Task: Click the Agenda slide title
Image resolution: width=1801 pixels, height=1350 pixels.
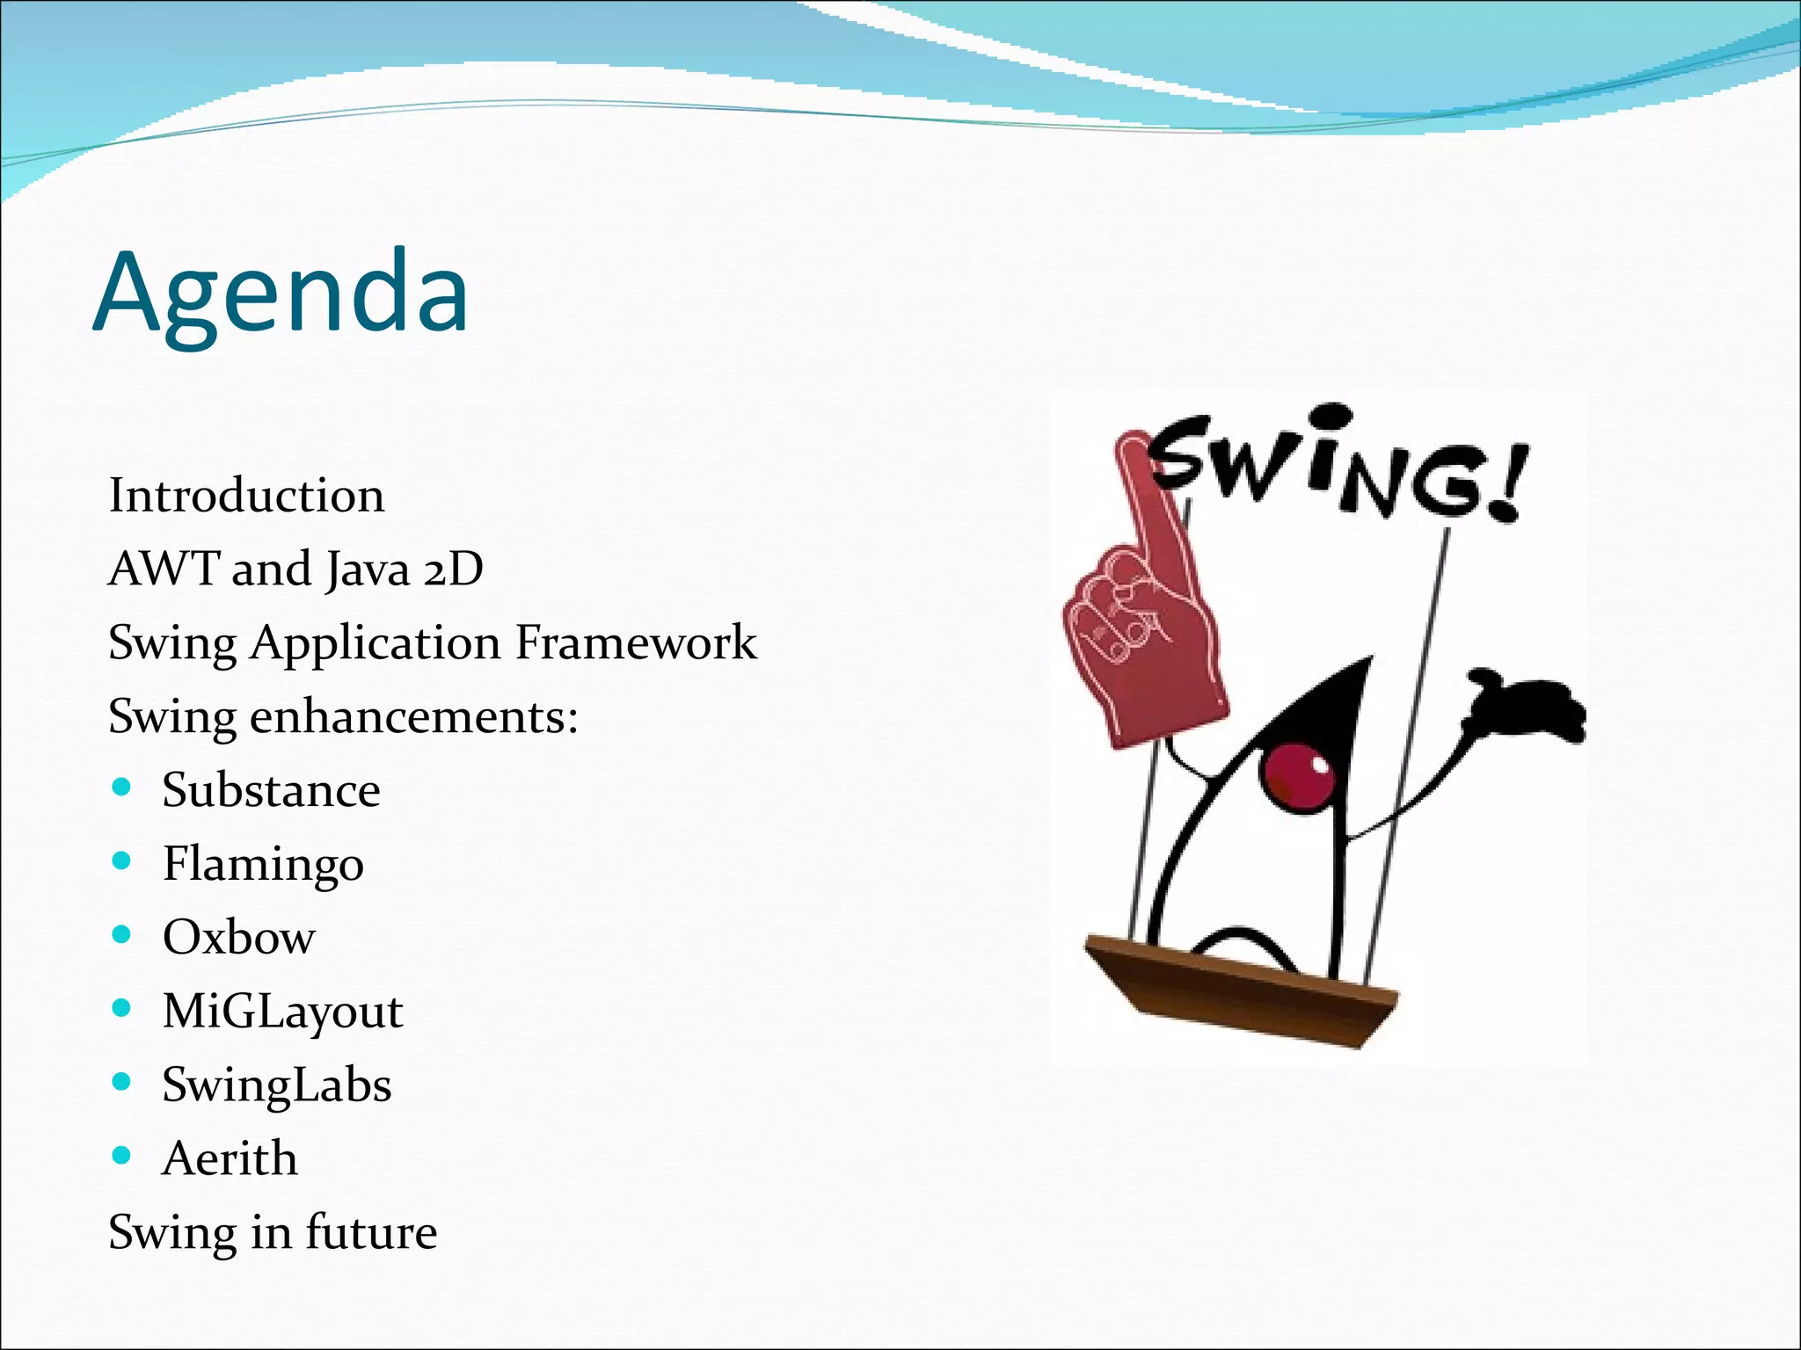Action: [281, 293]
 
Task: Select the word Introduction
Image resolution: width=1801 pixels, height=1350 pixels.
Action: [246, 496]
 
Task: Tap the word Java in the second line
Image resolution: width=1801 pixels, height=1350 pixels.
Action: [368, 570]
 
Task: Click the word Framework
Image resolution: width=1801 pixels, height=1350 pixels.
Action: [635, 642]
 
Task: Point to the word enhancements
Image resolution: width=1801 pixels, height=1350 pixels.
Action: [413, 716]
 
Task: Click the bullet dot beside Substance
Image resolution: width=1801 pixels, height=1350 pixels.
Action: [122, 787]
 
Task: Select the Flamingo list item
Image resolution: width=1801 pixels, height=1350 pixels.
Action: [263, 864]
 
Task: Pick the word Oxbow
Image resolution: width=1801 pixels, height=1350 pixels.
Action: [238, 937]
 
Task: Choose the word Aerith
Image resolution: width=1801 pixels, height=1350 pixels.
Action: [230, 1158]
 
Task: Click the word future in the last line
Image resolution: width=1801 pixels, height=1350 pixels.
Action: [371, 1232]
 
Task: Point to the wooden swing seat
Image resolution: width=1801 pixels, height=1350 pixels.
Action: [1240, 989]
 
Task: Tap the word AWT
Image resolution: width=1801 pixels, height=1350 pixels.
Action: [164, 570]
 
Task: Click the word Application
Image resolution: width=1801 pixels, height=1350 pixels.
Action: [376, 642]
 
